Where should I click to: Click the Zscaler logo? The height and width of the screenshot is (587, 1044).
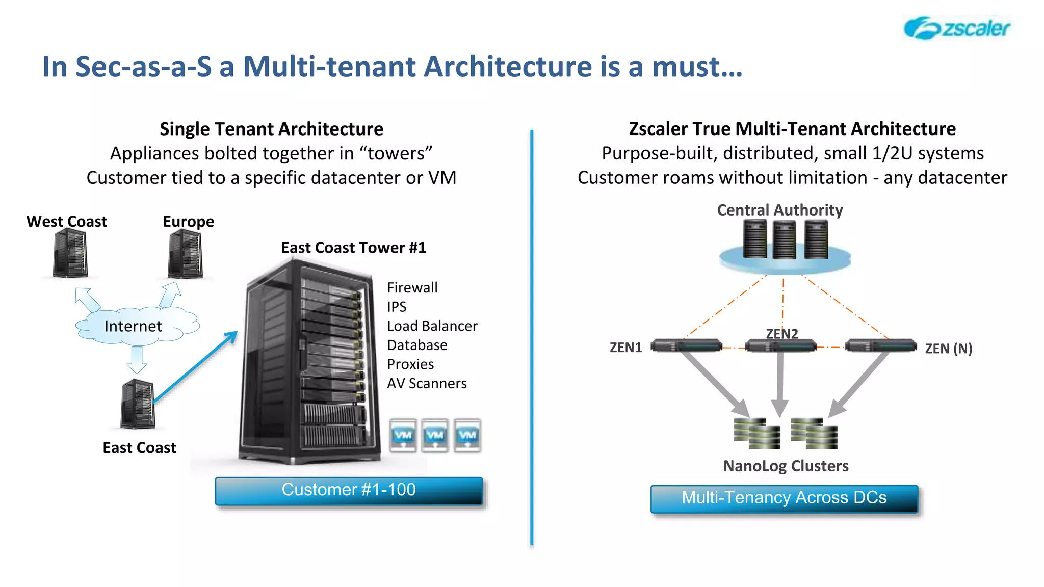click(956, 28)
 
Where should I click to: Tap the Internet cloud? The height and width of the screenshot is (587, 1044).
click(134, 326)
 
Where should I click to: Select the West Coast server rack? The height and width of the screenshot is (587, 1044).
click(70, 253)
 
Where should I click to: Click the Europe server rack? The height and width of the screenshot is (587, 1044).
click(186, 254)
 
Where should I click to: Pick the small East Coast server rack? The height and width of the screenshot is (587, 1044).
click(138, 405)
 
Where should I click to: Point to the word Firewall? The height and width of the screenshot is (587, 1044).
click(412, 288)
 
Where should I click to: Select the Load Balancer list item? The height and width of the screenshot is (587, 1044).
click(432, 326)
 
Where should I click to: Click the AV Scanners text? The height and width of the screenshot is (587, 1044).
click(427, 383)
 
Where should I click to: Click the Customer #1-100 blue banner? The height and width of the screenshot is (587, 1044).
click(349, 491)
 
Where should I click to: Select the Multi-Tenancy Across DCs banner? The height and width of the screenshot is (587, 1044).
click(784, 499)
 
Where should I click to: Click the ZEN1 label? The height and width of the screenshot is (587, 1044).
click(625, 348)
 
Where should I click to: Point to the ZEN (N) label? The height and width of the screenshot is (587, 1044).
click(948, 349)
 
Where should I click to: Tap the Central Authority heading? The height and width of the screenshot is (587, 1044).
click(779, 210)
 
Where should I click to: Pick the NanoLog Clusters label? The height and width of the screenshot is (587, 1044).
click(786, 466)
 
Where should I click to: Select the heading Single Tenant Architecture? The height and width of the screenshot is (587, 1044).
click(271, 129)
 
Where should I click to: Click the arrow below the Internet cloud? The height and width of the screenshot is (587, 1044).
click(137, 360)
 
